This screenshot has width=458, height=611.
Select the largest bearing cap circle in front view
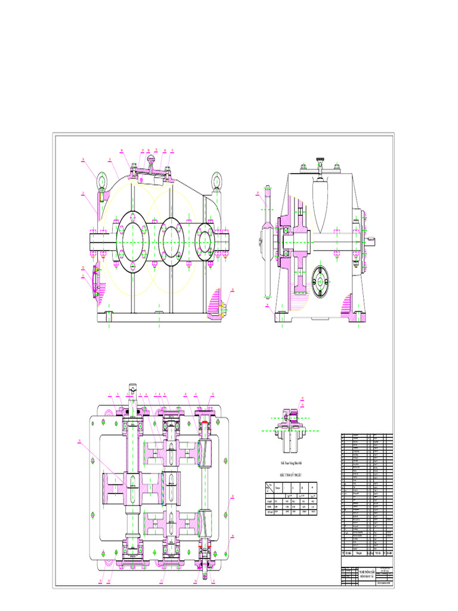coord(134,241)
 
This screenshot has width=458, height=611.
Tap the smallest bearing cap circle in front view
coord(206,240)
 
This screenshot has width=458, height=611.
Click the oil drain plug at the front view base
coord(223,309)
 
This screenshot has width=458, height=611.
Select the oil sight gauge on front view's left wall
coord(95,283)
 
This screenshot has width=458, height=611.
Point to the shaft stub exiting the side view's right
coord(372,240)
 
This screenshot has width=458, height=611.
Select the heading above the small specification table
coord(291,476)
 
